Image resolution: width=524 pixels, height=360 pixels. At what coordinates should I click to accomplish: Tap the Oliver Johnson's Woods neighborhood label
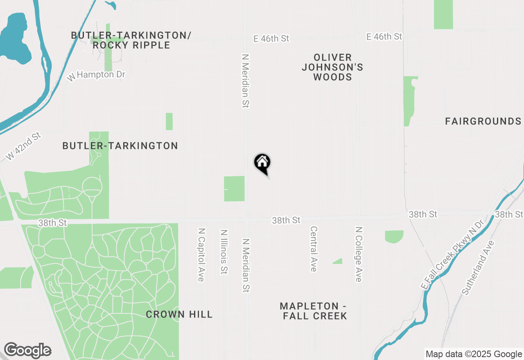click(x=332, y=67)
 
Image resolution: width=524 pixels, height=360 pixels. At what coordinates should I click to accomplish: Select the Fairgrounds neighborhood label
click(x=483, y=121)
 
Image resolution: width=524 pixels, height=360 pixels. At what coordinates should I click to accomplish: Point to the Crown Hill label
click(x=179, y=314)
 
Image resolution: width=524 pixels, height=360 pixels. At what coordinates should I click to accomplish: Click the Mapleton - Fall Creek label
click(x=314, y=311)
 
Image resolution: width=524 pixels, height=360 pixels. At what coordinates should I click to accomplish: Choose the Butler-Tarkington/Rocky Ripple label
click(x=131, y=40)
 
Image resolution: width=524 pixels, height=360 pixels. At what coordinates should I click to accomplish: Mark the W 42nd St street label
click(x=24, y=146)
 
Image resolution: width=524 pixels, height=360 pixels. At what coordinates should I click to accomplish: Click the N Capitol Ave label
click(x=201, y=255)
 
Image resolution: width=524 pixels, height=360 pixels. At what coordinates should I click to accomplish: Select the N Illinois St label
click(x=224, y=252)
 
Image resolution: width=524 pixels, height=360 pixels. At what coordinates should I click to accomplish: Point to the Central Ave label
click(x=314, y=249)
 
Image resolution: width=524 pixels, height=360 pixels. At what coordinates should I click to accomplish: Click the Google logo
click(x=28, y=350)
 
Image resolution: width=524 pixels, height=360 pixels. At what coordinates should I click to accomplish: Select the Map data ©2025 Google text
click(x=474, y=354)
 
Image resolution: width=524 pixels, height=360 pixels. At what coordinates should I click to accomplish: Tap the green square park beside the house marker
click(x=234, y=189)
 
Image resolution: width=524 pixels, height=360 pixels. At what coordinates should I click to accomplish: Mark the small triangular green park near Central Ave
click(x=338, y=261)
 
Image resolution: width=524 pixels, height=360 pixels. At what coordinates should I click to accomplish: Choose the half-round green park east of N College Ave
click(x=394, y=236)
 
